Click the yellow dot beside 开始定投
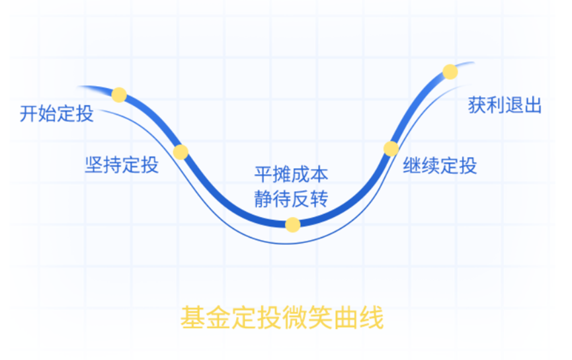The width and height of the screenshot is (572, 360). click(119, 95)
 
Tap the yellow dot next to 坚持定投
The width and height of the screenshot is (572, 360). click(181, 152)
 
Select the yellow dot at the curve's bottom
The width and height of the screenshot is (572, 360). click(292, 224)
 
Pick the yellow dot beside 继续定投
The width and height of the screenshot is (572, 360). click(391, 148)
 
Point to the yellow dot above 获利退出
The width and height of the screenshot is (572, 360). click(450, 71)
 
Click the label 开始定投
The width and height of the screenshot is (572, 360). click(57, 114)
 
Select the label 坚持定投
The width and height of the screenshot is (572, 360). click(122, 164)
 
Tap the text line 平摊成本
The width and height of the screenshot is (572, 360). click(291, 175)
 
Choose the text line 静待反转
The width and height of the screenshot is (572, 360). click(291, 199)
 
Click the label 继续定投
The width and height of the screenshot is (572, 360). click(440, 165)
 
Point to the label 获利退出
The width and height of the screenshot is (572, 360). click(505, 105)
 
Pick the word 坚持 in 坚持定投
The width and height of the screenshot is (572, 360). click(103, 164)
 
